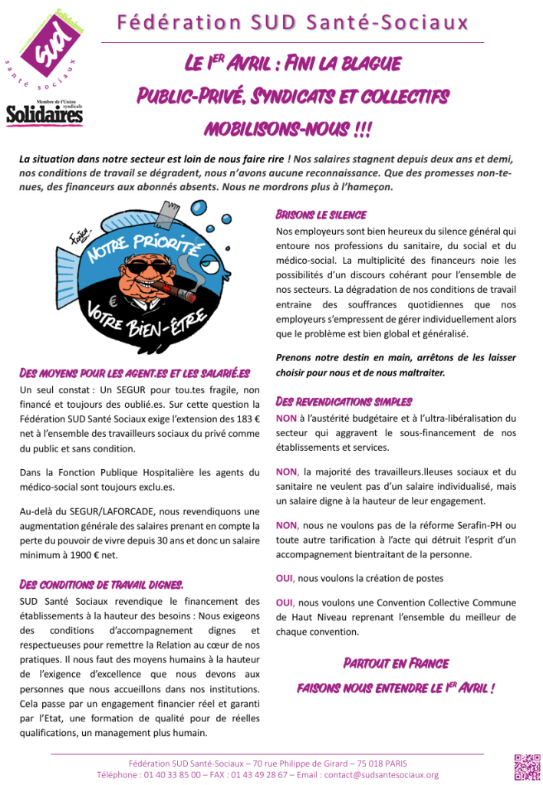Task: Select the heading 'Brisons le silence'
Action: pos(321,215)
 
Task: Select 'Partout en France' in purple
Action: pos(395,662)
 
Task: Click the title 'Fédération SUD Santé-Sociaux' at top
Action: pos(292,23)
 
